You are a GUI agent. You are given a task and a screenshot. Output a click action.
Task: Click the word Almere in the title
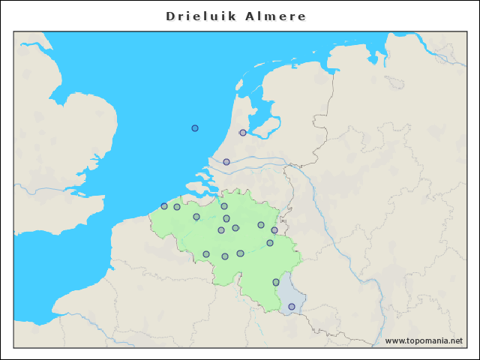tap(275, 16)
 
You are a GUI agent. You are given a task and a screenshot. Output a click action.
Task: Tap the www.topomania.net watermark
tap(424, 340)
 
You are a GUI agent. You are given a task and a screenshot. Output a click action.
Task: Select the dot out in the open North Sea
tap(195, 128)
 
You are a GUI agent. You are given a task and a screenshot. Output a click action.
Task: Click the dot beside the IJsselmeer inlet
tap(242, 133)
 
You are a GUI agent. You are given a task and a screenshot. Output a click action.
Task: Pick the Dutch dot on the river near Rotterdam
tap(226, 162)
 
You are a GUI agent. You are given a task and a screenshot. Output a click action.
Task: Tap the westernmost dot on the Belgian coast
tap(164, 206)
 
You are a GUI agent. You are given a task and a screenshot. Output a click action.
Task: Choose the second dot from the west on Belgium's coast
tap(177, 207)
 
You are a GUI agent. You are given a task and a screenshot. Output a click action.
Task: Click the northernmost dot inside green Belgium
tap(224, 206)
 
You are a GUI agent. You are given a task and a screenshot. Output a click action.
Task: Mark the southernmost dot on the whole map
tap(292, 307)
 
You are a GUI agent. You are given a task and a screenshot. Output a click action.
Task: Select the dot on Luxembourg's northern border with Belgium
tap(276, 282)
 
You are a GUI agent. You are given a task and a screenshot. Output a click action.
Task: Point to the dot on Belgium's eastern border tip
tap(274, 230)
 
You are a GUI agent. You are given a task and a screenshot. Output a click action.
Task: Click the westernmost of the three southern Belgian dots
tap(206, 254)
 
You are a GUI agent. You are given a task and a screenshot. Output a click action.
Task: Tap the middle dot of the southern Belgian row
tap(225, 256)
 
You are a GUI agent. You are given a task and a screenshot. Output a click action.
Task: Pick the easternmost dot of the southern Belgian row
tap(240, 253)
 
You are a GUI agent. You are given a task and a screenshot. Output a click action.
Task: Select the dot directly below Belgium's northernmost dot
tap(226, 218)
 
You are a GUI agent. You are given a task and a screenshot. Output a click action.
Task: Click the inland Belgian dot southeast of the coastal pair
tap(196, 217)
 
